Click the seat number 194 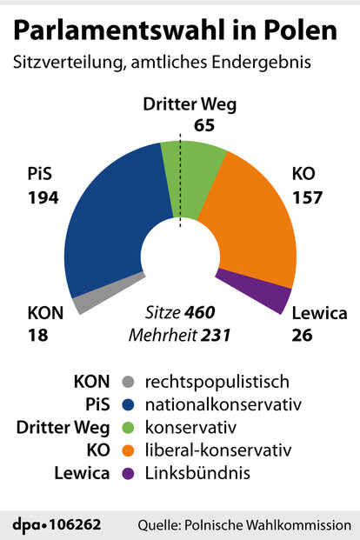42,197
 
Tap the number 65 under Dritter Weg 180,124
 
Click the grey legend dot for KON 129,382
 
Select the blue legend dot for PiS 129,404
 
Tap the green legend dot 129,428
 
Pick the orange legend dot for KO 129,450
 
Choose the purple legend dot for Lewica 129,474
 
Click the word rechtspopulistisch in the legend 217,382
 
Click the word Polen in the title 297,31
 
